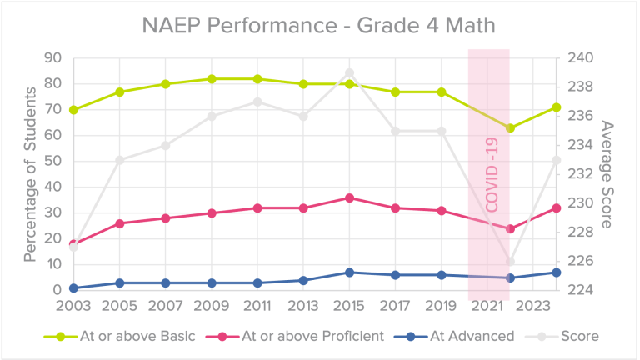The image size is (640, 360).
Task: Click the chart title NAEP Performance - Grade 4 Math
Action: [x=320, y=26]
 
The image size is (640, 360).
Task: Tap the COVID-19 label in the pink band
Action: [x=491, y=175]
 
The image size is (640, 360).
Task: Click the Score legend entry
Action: [x=579, y=337]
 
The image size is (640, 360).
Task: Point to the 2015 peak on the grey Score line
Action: [x=349, y=73]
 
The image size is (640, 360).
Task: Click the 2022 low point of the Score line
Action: [x=511, y=262]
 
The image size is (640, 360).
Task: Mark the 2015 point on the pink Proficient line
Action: [x=349, y=197]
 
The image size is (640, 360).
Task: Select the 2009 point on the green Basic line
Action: [x=212, y=79]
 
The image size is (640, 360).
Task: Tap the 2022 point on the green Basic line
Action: [x=511, y=127]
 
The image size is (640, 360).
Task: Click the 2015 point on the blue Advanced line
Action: [x=349, y=272]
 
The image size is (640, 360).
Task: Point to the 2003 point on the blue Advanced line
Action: [x=73, y=287]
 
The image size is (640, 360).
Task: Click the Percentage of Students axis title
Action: [x=31, y=175]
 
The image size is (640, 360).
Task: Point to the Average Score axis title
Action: [x=607, y=175]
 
